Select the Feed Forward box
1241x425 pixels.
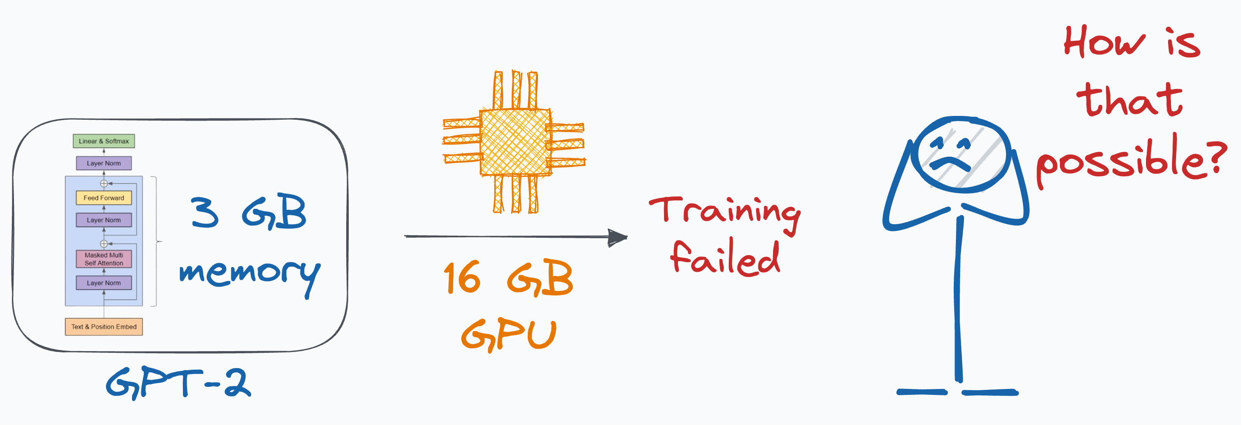(104, 197)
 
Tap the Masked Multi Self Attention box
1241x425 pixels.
(104, 259)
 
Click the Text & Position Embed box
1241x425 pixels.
(104, 326)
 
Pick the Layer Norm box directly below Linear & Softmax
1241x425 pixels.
(104, 163)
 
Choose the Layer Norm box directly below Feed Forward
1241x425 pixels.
(104, 220)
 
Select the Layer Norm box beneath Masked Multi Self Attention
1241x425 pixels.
(104, 283)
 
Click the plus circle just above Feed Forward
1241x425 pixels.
(104, 183)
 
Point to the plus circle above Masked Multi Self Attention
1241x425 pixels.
(104, 244)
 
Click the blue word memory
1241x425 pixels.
(249, 275)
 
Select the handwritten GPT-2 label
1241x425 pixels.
(178, 383)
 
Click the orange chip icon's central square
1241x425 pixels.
(515, 142)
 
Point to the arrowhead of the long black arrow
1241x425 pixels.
(618, 237)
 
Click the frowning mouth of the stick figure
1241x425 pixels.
(950, 164)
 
